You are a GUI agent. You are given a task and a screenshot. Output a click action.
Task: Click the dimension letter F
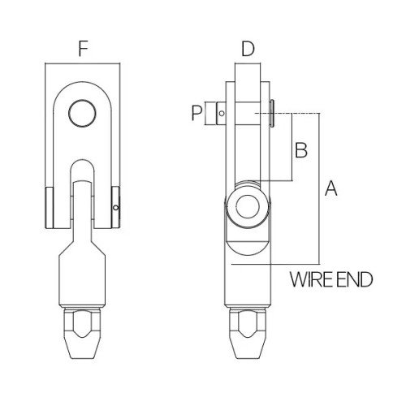click(82, 49)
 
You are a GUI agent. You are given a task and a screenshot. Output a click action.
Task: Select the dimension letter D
click(248, 49)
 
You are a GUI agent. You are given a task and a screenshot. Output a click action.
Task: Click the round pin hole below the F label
click(82, 113)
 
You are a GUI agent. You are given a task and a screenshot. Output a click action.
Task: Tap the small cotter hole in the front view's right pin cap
click(117, 209)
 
